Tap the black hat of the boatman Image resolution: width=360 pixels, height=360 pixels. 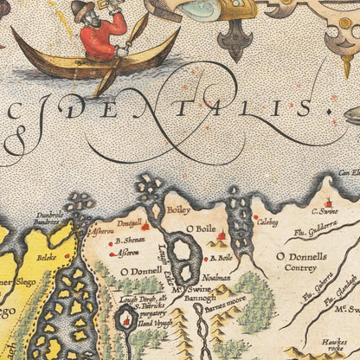coord(83,8)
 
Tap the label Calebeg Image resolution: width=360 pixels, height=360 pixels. coord(267,222)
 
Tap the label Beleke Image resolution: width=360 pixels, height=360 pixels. coord(46,257)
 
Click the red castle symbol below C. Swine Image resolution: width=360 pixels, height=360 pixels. coord(328,203)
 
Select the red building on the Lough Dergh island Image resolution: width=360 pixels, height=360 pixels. coord(126,322)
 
